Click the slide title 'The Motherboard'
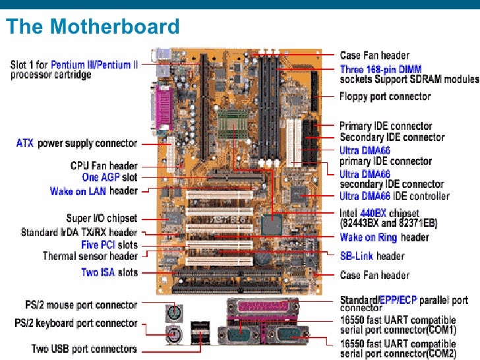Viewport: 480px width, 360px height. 92,27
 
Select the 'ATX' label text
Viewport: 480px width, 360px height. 25,143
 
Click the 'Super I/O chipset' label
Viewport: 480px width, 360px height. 102,218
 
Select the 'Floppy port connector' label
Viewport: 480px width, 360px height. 385,97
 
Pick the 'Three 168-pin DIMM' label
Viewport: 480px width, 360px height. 380,69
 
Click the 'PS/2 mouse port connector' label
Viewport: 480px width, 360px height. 76,305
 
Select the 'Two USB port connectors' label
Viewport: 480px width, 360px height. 84,348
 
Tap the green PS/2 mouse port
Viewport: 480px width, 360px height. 171,311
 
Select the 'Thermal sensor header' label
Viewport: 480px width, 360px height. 90,256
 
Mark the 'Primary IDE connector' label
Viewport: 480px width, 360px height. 386,126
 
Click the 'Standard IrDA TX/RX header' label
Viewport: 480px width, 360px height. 79,232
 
